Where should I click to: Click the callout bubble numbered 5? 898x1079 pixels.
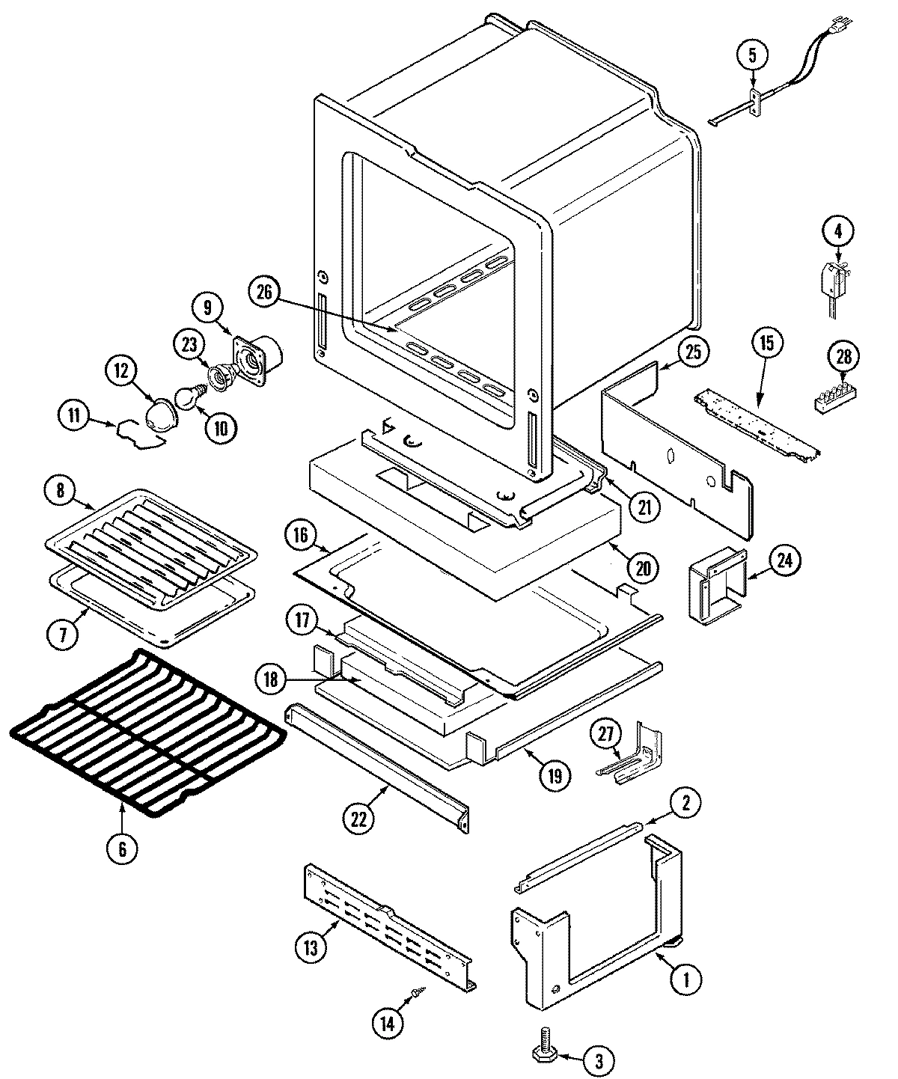752,55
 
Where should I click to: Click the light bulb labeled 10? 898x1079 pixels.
187,397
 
